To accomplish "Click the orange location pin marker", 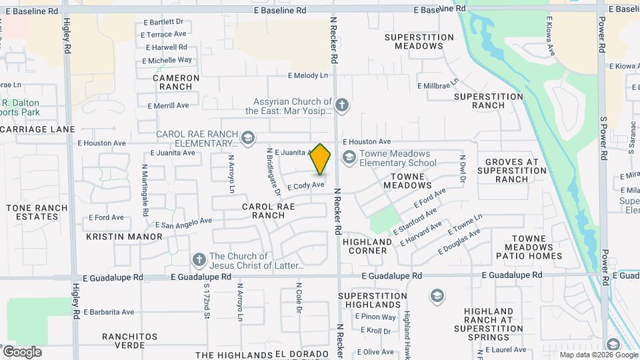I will tap(321, 159).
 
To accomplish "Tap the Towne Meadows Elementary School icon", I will tap(348, 157).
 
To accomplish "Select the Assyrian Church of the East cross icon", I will tap(342, 105).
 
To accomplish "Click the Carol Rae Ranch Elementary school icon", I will tap(248, 137).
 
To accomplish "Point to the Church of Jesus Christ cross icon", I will tap(198, 259).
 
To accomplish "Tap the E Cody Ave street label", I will tap(305, 185).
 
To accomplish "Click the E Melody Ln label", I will tap(308, 76).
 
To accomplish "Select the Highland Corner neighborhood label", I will tap(367, 246).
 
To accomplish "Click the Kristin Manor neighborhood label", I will tap(124, 237).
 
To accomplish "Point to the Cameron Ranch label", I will tap(176, 82).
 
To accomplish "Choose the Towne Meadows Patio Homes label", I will tap(529, 247).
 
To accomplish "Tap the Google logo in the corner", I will tap(22, 352).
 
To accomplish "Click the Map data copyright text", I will tap(598, 355).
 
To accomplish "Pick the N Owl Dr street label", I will tap(461, 167).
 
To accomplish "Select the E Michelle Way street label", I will tap(167, 60).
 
